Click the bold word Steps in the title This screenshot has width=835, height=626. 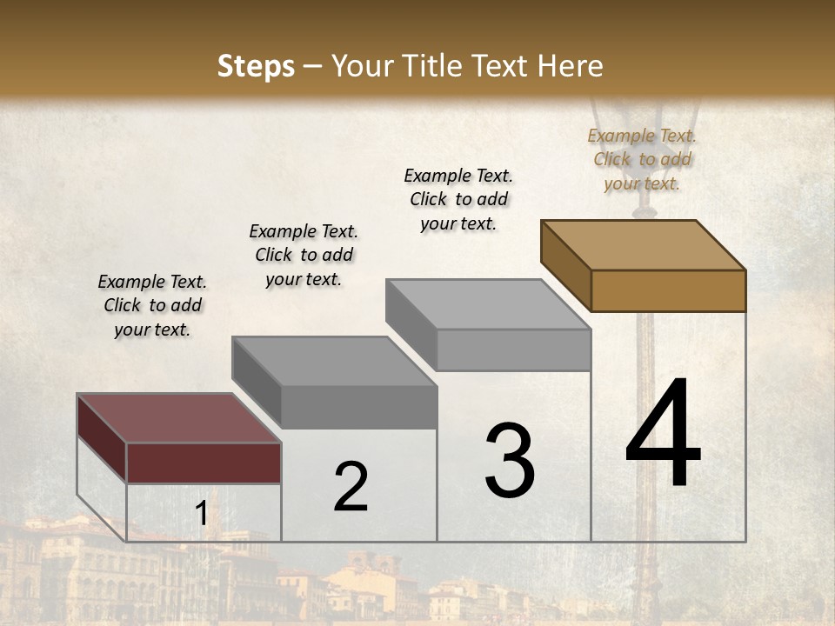tap(256, 66)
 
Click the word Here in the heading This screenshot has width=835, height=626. tap(570, 66)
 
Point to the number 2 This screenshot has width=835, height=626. tap(351, 486)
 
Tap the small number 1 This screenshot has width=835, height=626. tap(201, 514)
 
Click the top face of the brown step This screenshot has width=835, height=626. tap(644, 244)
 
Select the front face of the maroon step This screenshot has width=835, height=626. tap(204, 463)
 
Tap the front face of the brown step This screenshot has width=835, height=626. tap(668, 290)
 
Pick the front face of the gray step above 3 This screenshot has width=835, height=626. tap(513, 350)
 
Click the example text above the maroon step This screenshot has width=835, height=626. tap(152, 305)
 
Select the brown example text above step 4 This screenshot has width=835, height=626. tap(642, 159)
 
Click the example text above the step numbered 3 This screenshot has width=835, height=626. tap(458, 199)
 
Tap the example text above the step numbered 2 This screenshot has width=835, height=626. tap(304, 255)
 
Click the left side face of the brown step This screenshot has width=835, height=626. tap(565, 265)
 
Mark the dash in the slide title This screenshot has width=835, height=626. tap(313, 67)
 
